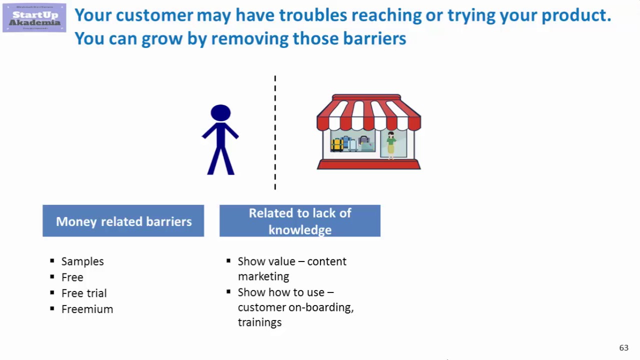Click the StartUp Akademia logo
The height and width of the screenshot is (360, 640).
tap(34, 17)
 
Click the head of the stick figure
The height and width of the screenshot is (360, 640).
tap(220, 112)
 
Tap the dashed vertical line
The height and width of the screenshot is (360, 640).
tap(275, 132)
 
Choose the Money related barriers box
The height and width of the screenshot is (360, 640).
tap(123, 221)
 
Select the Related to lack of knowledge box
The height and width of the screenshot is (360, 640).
tap(300, 221)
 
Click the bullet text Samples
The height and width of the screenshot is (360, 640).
tap(82, 261)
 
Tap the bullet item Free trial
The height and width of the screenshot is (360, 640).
tap(84, 293)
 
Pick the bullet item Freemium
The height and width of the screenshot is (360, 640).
tap(87, 309)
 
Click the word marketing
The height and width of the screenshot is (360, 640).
tap(263, 276)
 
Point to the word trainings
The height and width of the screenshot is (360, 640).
tap(259, 322)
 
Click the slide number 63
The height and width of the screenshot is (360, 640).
tap(623, 348)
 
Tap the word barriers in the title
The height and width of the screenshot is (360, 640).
tap(374, 38)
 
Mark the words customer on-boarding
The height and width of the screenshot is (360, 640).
tap(295, 307)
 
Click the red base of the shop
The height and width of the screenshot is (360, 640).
tap(369, 164)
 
